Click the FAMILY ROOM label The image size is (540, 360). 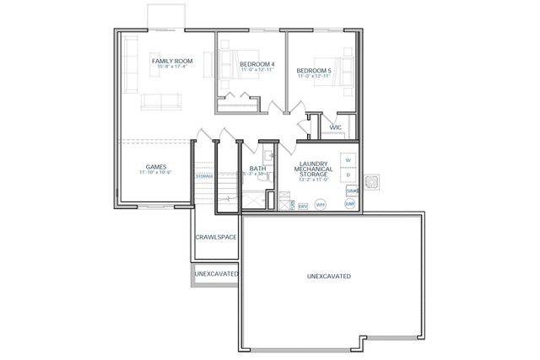(x=171, y=62)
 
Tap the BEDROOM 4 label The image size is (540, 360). (x=257, y=65)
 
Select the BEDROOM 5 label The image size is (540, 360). (x=315, y=71)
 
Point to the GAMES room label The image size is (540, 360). (x=155, y=166)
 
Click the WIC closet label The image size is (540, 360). (x=335, y=127)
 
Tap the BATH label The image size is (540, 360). (x=257, y=169)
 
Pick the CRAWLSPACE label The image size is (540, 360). (x=215, y=237)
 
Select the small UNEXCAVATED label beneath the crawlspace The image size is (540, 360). (x=216, y=274)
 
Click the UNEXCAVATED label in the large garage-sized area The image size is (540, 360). (x=328, y=277)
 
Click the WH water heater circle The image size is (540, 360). (x=320, y=204)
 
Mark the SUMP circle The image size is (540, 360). (x=349, y=204)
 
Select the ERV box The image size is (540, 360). (x=302, y=205)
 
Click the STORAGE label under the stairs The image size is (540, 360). (x=204, y=176)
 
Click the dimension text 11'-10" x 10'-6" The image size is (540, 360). (x=155, y=173)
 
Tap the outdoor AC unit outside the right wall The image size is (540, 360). (x=373, y=182)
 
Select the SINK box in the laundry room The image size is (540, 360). (x=352, y=191)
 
